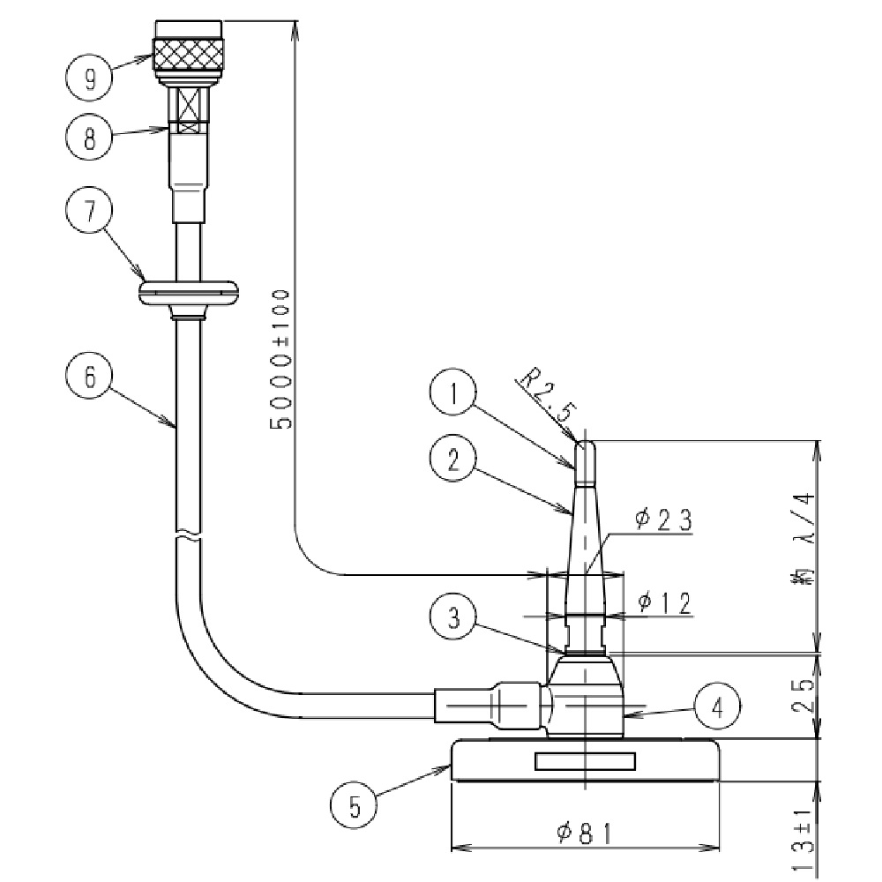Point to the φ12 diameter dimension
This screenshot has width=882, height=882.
coord(663,602)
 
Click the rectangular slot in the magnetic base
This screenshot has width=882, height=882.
coord(585,760)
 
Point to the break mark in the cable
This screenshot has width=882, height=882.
coord(187,536)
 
